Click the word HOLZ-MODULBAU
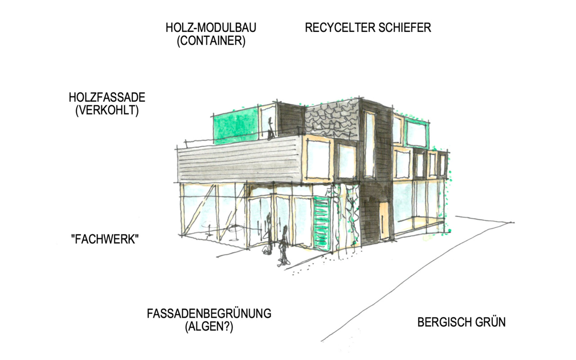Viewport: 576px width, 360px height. point(211,28)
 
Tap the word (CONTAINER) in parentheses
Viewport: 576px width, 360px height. point(211,41)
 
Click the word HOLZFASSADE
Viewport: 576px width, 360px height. point(107,98)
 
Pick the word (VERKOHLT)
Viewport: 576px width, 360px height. point(107,111)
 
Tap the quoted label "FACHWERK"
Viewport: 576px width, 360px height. point(105,239)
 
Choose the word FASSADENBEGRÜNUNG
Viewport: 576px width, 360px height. point(209,314)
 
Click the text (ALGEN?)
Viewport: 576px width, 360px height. point(209,327)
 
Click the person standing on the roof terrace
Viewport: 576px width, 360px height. point(270,129)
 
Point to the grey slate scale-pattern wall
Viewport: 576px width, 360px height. point(332,120)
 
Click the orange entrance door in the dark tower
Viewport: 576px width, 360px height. point(384,220)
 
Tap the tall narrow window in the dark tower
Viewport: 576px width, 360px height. point(369,145)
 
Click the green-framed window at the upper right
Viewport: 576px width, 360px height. point(417,134)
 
